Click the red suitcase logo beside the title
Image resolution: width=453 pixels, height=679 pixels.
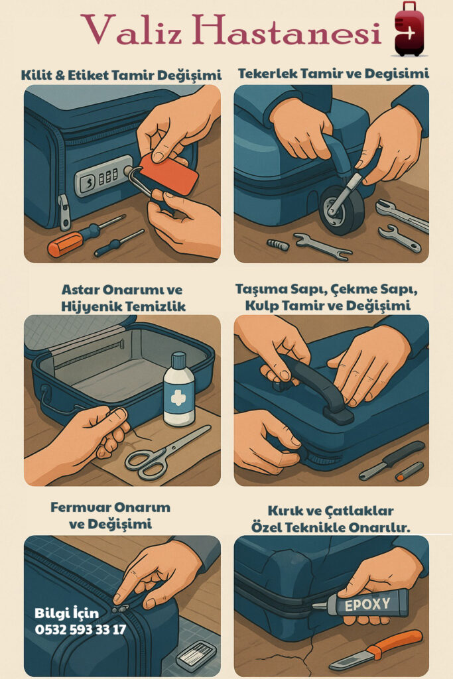[409, 29]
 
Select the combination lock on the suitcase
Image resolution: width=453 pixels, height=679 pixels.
[103, 178]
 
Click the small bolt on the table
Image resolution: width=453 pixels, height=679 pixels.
[278, 245]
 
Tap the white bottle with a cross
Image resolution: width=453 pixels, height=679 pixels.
[179, 390]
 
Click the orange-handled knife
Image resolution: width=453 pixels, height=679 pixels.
[374, 650]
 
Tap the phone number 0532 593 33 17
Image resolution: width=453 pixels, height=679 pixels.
[80, 629]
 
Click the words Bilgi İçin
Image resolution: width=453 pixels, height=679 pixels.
[67, 613]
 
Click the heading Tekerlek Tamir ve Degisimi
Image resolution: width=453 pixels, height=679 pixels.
[334, 74]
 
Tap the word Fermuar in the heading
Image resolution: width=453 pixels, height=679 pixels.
[79, 507]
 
